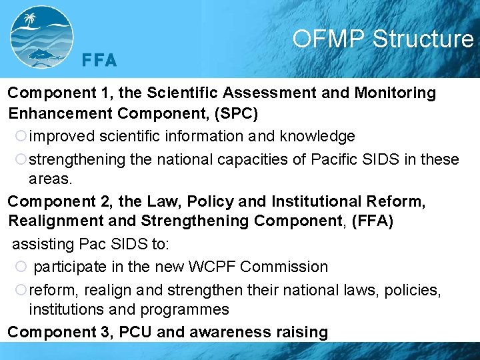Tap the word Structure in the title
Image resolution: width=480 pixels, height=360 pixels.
click(423, 39)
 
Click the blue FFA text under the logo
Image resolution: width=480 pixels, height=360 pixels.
click(99, 61)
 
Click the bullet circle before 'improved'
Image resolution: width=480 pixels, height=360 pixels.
click(20, 137)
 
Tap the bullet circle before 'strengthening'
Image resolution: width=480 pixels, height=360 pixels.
click(20, 160)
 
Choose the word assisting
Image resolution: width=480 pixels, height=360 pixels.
click(39, 244)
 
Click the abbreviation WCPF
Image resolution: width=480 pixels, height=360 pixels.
click(213, 267)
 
